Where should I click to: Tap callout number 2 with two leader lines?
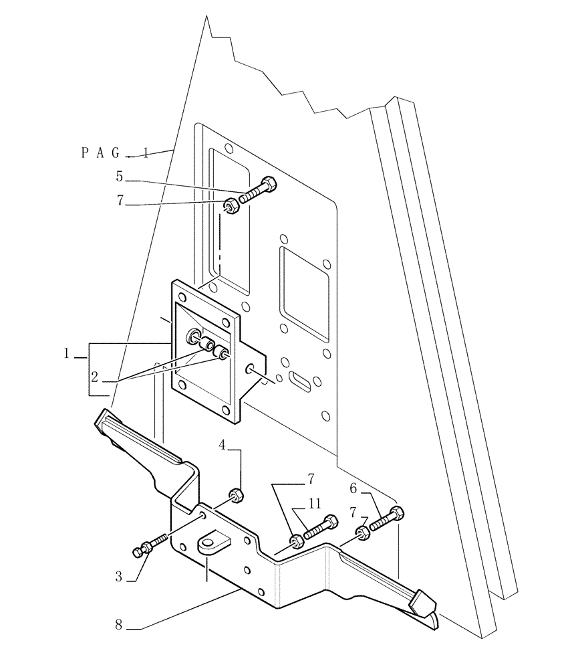(x=95, y=377)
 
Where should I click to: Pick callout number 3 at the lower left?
(x=118, y=575)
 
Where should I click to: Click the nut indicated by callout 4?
(x=235, y=496)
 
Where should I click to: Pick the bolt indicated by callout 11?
(x=319, y=528)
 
